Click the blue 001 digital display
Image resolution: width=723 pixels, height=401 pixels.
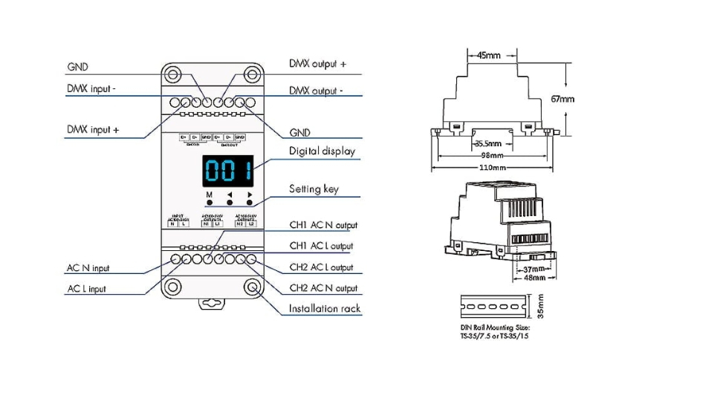[228, 172]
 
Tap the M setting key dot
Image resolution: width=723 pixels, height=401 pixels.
[210, 202]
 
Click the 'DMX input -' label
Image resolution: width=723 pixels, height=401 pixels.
[91, 89]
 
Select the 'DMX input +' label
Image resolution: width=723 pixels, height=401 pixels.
[93, 130]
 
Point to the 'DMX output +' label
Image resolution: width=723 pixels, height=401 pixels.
[317, 65]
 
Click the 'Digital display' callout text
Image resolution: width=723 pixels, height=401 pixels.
[322, 151]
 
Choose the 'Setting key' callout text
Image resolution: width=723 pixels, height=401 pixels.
[314, 189]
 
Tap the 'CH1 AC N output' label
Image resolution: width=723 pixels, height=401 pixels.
[322, 225]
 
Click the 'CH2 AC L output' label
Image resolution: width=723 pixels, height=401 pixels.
[321, 267]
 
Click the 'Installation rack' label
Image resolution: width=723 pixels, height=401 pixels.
[323, 308]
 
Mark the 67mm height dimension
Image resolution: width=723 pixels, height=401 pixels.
[562, 99]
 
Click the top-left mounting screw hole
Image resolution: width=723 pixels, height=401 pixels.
[173, 75]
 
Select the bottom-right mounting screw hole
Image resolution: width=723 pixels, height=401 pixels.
[253, 287]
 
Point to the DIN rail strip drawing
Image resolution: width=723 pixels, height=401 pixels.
[494, 306]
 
